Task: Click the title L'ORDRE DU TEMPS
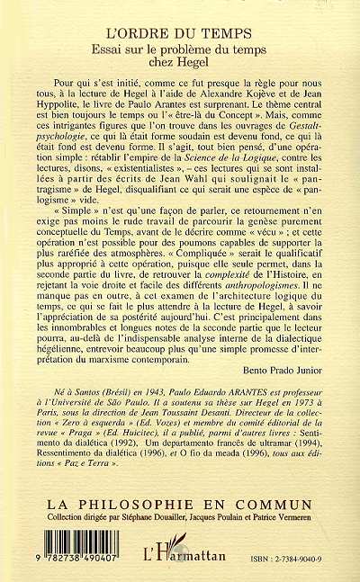[x=179, y=15]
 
